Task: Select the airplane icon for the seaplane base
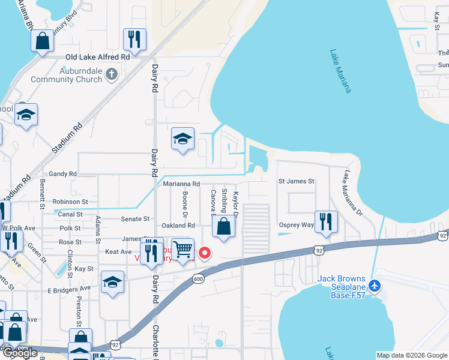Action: point(375,286)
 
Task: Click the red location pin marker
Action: point(205,253)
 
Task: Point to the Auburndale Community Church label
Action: point(69,74)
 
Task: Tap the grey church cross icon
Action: point(111,74)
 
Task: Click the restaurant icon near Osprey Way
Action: point(326,221)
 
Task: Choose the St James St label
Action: point(297,181)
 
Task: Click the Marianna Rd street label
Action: point(181,184)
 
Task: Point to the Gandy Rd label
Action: point(63,174)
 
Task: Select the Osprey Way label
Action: point(297,225)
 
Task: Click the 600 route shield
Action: point(198,278)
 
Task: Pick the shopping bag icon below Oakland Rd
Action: point(223,227)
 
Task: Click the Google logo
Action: point(20,353)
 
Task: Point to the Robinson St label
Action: point(70,202)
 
